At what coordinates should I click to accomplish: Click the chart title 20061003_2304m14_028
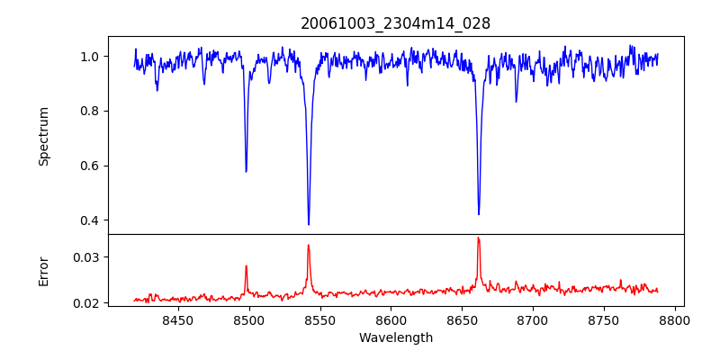[395, 23]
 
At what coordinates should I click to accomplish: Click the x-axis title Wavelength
[395, 338]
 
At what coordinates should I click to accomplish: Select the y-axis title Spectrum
[44, 136]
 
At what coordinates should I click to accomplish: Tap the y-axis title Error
[44, 270]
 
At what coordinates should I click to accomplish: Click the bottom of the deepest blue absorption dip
[309, 224]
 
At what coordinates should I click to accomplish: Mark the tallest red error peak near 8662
[478, 238]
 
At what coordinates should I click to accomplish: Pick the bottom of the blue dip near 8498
[246, 171]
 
